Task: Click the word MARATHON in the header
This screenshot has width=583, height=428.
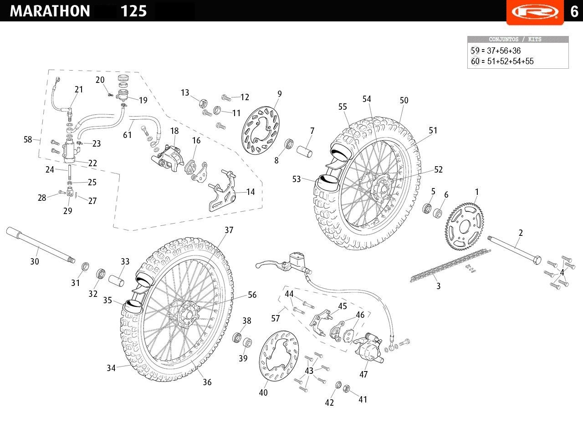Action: (x=50, y=11)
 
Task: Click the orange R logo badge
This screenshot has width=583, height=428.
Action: (x=535, y=12)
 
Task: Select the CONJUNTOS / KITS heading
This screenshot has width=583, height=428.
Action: (x=515, y=39)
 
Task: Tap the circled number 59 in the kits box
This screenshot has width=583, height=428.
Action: (x=475, y=51)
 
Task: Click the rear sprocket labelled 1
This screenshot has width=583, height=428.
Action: (x=464, y=227)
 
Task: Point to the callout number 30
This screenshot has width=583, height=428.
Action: (x=35, y=261)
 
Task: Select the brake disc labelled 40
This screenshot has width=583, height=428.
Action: (x=279, y=356)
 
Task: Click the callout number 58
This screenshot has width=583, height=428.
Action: (x=28, y=139)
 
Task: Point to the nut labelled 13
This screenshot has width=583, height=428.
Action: (x=203, y=104)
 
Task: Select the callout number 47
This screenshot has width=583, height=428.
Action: (x=363, y=374)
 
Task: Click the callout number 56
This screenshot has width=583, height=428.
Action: (x=252, y=295)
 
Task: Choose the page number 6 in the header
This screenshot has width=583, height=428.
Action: (x=574, y=11)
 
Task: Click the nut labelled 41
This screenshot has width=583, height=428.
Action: (x=346, y=388)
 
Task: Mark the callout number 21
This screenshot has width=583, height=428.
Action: (x=79, y=90)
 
